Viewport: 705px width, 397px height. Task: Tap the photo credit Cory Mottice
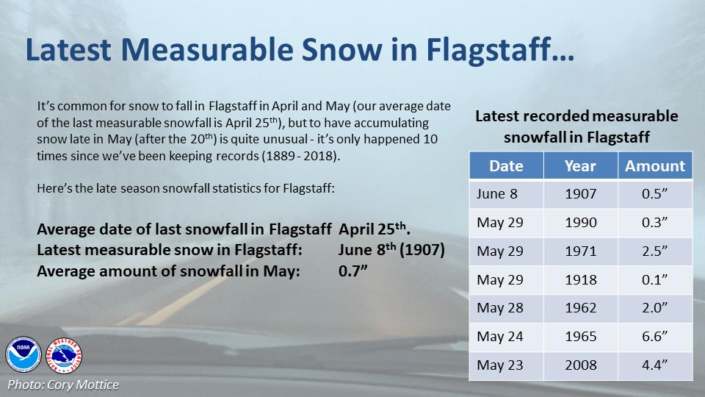[x=62, y=385]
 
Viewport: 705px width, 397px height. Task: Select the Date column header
[x=505, y=166]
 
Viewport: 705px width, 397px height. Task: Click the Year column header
[x=580, y=166]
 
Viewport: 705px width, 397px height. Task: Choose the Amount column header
[x=654, y=166]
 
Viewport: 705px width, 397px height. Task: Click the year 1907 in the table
[x=580, y=194]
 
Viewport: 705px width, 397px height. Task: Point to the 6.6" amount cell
[x=654, y=337]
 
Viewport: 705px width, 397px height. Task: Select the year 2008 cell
[x=580, y=365]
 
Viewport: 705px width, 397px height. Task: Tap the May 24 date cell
[x=500, y=337]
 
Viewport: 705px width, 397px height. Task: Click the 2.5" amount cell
[x=654, y=251]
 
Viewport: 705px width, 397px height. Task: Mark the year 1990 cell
[x=580, y=223]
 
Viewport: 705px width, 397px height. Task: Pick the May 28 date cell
[x=500, y=308]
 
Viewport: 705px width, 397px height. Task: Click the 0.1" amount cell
[x=654, y=279]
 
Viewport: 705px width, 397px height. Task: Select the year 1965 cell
[x=580, y=337]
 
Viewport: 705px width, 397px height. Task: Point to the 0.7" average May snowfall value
[x=352, y=271]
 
